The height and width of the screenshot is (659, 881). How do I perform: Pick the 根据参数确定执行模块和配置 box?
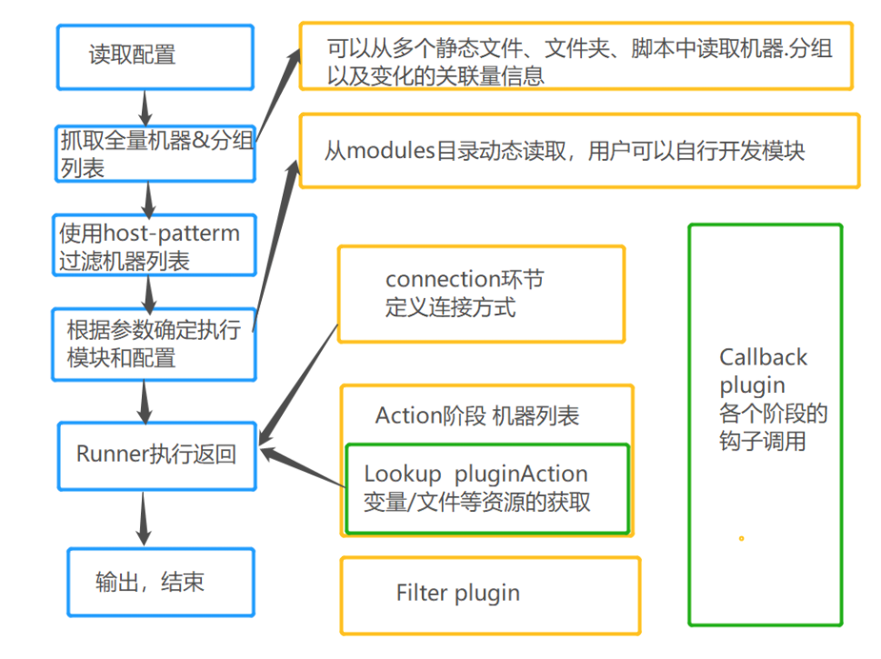point(155,343)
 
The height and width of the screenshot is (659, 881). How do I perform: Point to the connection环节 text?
point(465,278)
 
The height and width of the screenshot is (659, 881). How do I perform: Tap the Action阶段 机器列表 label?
point(477,415)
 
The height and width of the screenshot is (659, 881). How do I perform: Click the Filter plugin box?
point(489,594)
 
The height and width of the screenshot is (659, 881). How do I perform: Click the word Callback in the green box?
point(763,357)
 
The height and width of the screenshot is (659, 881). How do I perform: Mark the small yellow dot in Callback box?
point(741,538)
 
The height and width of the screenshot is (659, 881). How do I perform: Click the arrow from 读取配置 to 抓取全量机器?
point(144,108)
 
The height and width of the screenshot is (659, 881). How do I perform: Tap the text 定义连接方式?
point(450,307)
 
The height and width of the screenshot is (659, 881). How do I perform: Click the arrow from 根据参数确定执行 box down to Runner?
point(144,396)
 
